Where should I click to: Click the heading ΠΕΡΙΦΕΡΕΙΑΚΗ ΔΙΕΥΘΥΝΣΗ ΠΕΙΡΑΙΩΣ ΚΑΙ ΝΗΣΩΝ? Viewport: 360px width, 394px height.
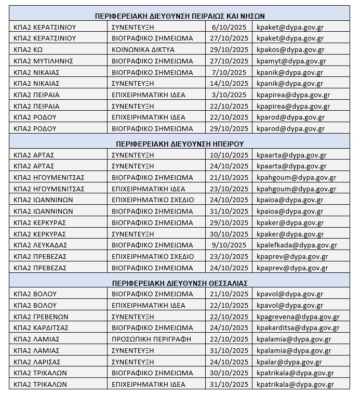[x=180, y=16]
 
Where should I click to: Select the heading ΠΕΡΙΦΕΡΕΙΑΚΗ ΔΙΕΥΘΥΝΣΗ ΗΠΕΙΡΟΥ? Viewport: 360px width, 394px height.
[x=180, y=143]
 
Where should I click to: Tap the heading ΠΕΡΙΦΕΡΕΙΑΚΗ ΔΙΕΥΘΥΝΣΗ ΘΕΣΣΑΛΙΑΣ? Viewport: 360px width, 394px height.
[x=180, y=283]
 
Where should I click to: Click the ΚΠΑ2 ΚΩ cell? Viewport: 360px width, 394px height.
[x=29, y=49]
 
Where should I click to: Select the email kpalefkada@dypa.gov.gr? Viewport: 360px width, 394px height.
[x=297, y=245]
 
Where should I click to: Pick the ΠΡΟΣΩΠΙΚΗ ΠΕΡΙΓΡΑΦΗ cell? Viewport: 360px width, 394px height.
[x=151, y=339]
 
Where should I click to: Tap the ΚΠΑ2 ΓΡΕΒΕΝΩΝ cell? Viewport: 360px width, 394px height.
[x=41, y=317]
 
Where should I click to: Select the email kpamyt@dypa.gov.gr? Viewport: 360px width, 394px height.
[x=291, y=61]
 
